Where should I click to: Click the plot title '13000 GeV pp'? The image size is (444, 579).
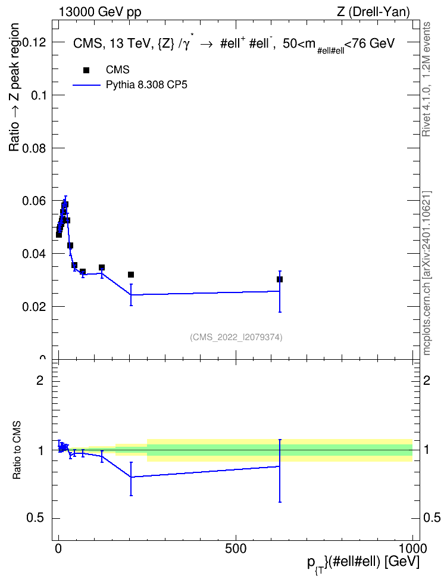coord(99,12)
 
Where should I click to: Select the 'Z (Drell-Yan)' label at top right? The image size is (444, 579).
coord(373,12)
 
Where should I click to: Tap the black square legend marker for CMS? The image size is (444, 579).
coord(86,70)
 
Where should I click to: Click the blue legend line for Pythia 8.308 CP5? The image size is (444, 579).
coord(87,85)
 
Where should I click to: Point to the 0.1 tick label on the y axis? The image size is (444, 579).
coord(40,95)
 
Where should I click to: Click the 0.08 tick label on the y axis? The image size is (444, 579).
coord(36,148)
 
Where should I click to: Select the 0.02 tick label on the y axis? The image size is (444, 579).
coord(36,307)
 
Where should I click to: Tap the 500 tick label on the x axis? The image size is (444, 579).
coord(236,549)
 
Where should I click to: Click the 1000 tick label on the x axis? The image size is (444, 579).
coord(412,549)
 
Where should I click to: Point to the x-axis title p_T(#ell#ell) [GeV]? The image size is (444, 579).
coord(363,563)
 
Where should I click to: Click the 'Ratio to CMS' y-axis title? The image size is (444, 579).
coord(17,450)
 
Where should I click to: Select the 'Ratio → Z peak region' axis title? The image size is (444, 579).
coord(14,87)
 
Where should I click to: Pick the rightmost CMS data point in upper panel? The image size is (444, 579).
coord(279,279)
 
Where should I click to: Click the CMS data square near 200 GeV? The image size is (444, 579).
coord(131,275)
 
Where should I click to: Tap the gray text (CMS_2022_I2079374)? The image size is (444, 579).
coord(236,337)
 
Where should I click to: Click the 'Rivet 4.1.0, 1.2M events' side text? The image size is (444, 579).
coord(427,79)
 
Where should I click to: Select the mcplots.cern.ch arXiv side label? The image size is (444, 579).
coord(427,273)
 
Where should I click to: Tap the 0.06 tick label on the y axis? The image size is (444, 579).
coord(36,201)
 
